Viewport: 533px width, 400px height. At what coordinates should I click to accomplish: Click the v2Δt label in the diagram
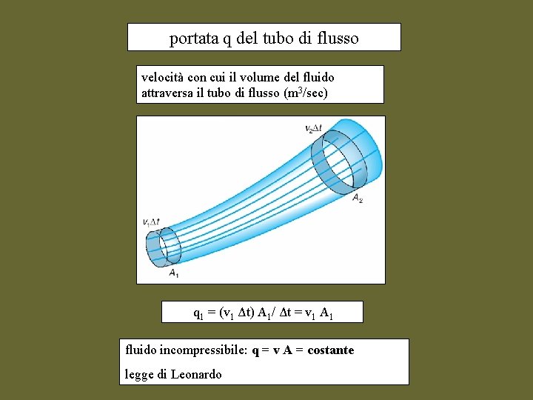(x=313, y=128)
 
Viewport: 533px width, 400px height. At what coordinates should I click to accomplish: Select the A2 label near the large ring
(x=357, y=198)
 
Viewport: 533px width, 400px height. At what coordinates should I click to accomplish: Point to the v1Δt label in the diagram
(x=151, y=221)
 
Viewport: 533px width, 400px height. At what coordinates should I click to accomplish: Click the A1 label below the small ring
(x=172, y=274)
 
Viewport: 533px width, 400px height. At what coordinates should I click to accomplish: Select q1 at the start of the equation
(x=198, y=314)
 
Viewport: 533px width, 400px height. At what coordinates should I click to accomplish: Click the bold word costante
(x=330, y=350)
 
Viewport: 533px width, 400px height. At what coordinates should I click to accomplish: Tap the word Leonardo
(x=196, y=374)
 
